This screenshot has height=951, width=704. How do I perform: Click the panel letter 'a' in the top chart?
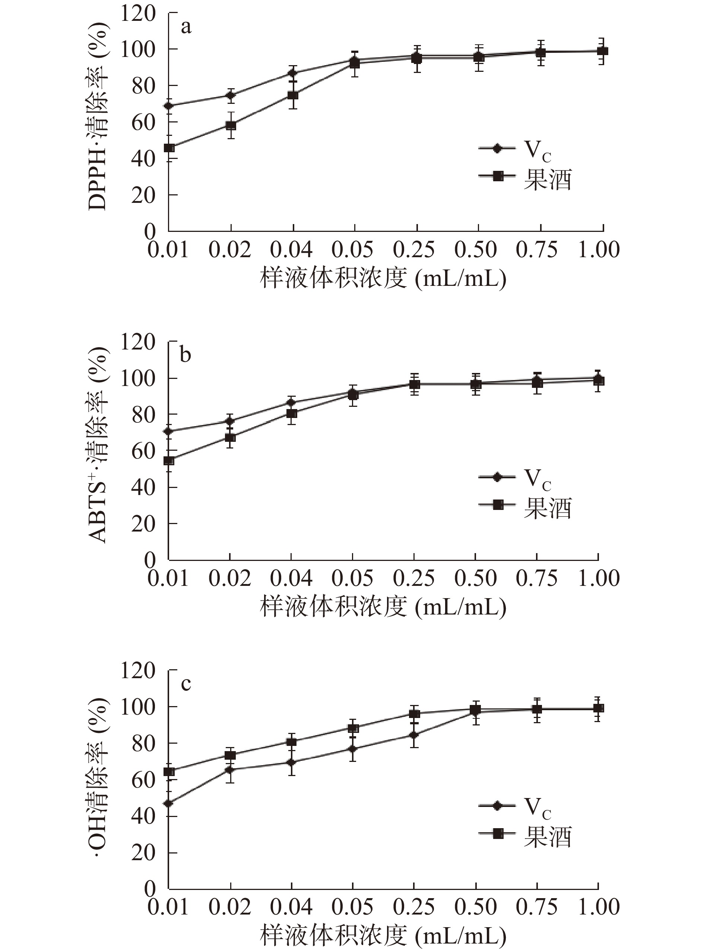[x=186, y=28]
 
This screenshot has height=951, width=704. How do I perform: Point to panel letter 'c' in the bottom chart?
[x=186, y=684]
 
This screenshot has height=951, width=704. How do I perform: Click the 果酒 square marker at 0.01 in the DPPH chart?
[x=169, y=148]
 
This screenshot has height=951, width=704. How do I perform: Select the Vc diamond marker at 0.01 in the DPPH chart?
[x=169, y=106]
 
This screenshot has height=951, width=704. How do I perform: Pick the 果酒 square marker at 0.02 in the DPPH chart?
[x=231, y=126]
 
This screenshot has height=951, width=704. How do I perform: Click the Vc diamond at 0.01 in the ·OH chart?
[x=169, y=804]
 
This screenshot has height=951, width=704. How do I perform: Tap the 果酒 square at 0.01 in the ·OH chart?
[x=169, y=772]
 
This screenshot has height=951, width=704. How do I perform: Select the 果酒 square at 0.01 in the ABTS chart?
[x=169, y=460]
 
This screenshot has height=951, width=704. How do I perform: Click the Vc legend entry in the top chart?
[x=516, y=149]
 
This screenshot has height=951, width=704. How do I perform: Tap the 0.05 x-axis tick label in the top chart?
[x=352, y=250]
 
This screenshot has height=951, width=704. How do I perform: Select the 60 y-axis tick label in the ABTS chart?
[x=143, y=451]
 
